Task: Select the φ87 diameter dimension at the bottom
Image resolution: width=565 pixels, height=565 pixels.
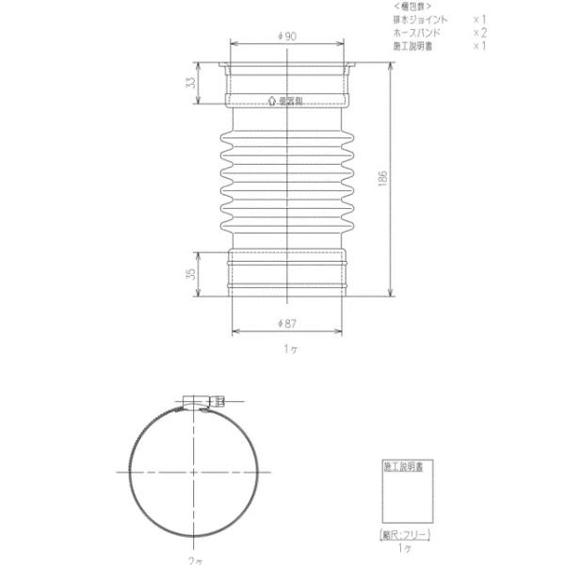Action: click(x=288, y=323)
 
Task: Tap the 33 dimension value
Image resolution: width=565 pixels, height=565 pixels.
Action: click(x=191, y=83)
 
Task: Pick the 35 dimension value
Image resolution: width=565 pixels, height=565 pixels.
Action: click(x=191, y=274)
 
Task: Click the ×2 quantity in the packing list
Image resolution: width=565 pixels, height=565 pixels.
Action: click(x=479, y=32)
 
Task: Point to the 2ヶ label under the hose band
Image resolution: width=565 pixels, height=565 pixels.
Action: click(x=195, y=559)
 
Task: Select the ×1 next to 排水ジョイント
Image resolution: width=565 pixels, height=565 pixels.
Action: click(x=479, y=19)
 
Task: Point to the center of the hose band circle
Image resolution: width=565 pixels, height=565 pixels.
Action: click(x=194, y=470)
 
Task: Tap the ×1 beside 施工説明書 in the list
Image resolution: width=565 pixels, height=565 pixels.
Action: click(x=479, y=45)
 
